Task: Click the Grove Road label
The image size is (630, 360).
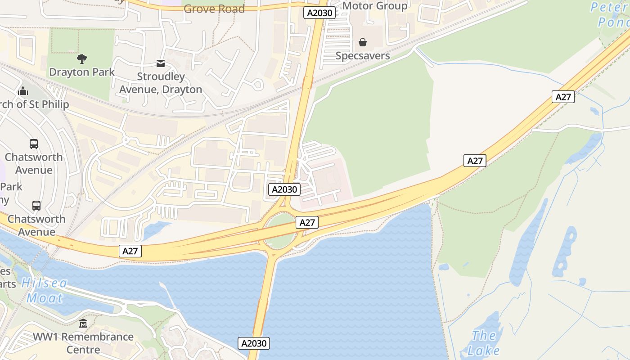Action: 214,9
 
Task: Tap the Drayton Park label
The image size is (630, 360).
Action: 81,72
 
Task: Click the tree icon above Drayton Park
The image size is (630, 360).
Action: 81,58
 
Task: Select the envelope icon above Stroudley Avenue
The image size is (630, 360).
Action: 161,64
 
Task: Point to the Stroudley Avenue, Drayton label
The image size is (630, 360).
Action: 161,83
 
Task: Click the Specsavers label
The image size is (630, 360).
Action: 363,56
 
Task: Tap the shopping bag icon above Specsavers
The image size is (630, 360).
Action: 363,43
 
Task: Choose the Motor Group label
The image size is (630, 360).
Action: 375,6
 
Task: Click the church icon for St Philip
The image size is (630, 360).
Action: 23,91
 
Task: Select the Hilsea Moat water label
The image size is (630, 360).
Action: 45,290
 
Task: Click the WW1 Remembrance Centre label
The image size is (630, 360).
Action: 83,343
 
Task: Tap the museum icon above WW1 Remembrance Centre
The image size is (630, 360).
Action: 83,324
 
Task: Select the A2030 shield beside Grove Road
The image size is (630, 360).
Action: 319,13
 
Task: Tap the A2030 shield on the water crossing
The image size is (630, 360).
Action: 254,343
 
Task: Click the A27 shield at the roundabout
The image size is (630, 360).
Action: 307,222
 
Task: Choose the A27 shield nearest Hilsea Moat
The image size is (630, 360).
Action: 130,251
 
